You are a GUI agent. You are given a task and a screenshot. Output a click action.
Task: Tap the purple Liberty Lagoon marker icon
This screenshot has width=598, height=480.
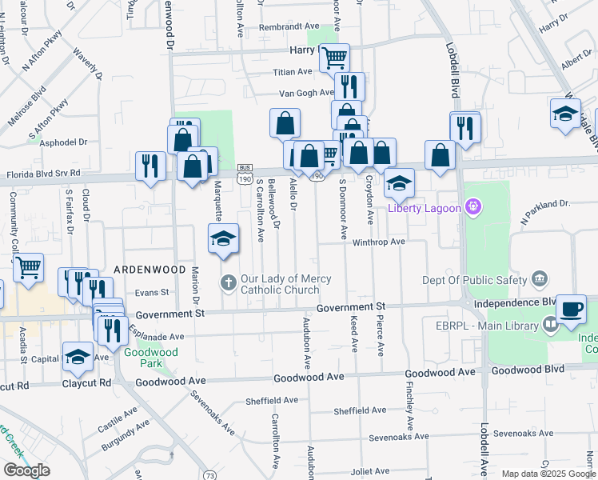(x=473, y=208)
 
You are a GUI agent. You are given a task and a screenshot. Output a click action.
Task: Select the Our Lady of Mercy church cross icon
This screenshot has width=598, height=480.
(x=228, y=282)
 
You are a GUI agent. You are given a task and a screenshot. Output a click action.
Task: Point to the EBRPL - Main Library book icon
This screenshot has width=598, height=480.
(x=550, y=324)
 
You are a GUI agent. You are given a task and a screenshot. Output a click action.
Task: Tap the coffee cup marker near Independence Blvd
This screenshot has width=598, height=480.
(x=571, y=309)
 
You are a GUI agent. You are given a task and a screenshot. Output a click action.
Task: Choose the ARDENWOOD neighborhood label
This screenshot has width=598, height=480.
(x=144, y=270)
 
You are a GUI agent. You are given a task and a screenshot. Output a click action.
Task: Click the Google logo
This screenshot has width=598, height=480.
(x=26, y=470)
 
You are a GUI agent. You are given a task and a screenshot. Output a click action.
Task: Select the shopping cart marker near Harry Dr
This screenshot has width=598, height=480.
(x=334, y=57)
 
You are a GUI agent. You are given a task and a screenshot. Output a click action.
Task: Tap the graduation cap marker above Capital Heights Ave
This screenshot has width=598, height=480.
(x=78, y=357)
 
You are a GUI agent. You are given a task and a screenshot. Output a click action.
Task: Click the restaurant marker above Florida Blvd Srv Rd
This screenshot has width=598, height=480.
(x=149, y=166)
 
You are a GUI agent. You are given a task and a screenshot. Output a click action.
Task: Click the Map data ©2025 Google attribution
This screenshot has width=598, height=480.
(x=548, y=474)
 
